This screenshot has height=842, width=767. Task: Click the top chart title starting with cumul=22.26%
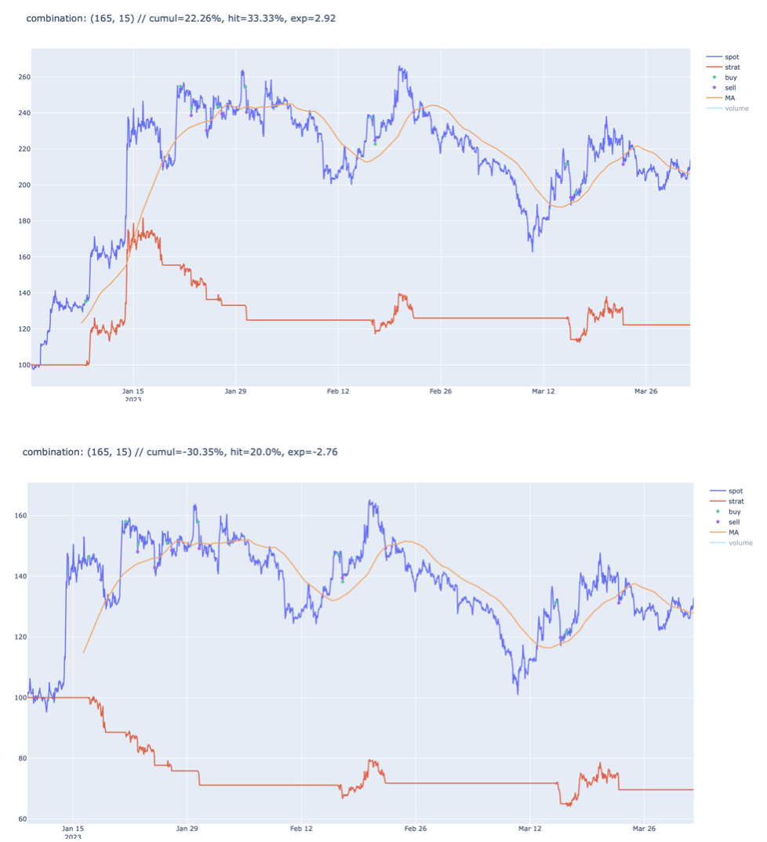pyautogui.click(x=181, y=18)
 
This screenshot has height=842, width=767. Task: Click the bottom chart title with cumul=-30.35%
pyautogui.click(x=180, y=452)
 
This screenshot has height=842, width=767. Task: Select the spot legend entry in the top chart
pyautogui.click(x=723, y=57)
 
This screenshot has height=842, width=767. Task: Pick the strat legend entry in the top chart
pyautogui.click(x=723, y=67)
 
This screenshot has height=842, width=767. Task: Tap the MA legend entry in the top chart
pyautogui.click(x=721, y=98)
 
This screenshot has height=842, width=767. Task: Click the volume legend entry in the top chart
pyautogui.click(x=727, y=108)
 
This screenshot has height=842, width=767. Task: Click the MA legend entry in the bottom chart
pyautogui.click(x=725, y=532)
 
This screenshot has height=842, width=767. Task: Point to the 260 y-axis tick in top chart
pyautogui.click(x=24, y=77)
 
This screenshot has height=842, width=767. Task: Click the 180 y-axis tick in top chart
pyautogui.click(x=24, y=221)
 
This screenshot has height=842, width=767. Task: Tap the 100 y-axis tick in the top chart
pyautogui.click(x=24, y=365)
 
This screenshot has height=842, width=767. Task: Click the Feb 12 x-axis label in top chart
pyautogui.click(x=338, y=391)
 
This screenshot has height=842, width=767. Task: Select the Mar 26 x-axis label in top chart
pyautogui.click(x=645, y=391)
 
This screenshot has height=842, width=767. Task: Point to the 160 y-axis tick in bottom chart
pyautogui.click(x=20, y=516)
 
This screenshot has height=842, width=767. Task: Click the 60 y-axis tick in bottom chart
pyautogui.click(x=23, y=819)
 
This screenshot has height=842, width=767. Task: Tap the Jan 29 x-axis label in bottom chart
pyautogui.click(x=187, y=828)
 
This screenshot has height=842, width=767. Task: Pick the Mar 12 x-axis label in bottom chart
pyautogui.click(x=529, y=828)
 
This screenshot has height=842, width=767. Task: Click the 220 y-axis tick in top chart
pyautogui.click(x=24, y=149)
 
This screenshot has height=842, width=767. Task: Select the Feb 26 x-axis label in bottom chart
pyautogui.click(x=415, y=828)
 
